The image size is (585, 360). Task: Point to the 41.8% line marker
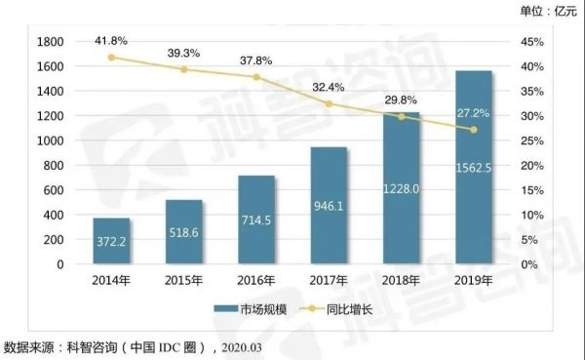click(112, 58)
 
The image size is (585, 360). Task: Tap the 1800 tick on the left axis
click(49, 42)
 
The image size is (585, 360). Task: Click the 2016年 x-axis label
click(256, 281)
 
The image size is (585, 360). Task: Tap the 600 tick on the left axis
click(54, 190)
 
